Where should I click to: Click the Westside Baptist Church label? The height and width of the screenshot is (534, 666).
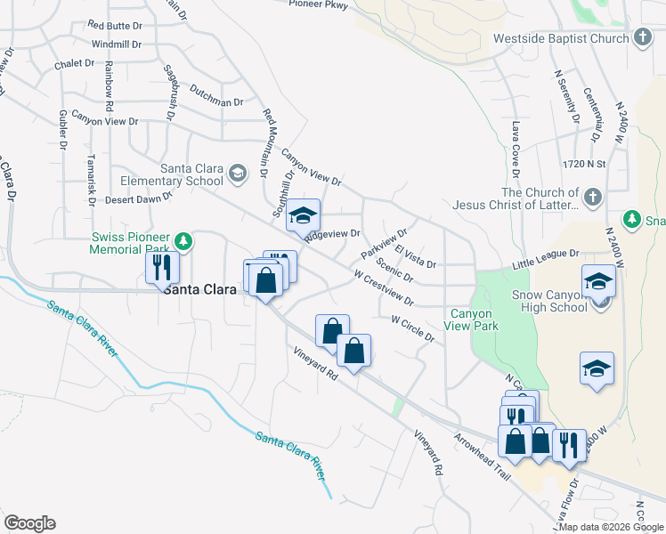point(561,38)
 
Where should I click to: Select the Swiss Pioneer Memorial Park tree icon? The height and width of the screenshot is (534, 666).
point(183,240)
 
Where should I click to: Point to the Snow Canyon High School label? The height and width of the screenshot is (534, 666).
point(549,301)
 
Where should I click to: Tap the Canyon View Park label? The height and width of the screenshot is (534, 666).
point(474,320)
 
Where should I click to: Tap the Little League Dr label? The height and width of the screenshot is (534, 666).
point(546,259)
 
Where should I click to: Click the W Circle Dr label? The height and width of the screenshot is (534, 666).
point(412,327)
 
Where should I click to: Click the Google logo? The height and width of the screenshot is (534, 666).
point(29,523)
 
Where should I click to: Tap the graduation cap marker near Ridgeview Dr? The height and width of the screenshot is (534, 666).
point(303,216)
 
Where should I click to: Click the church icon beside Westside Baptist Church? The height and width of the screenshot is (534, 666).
point(643,37)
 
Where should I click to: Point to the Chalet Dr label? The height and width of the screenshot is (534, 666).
point(74,63)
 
